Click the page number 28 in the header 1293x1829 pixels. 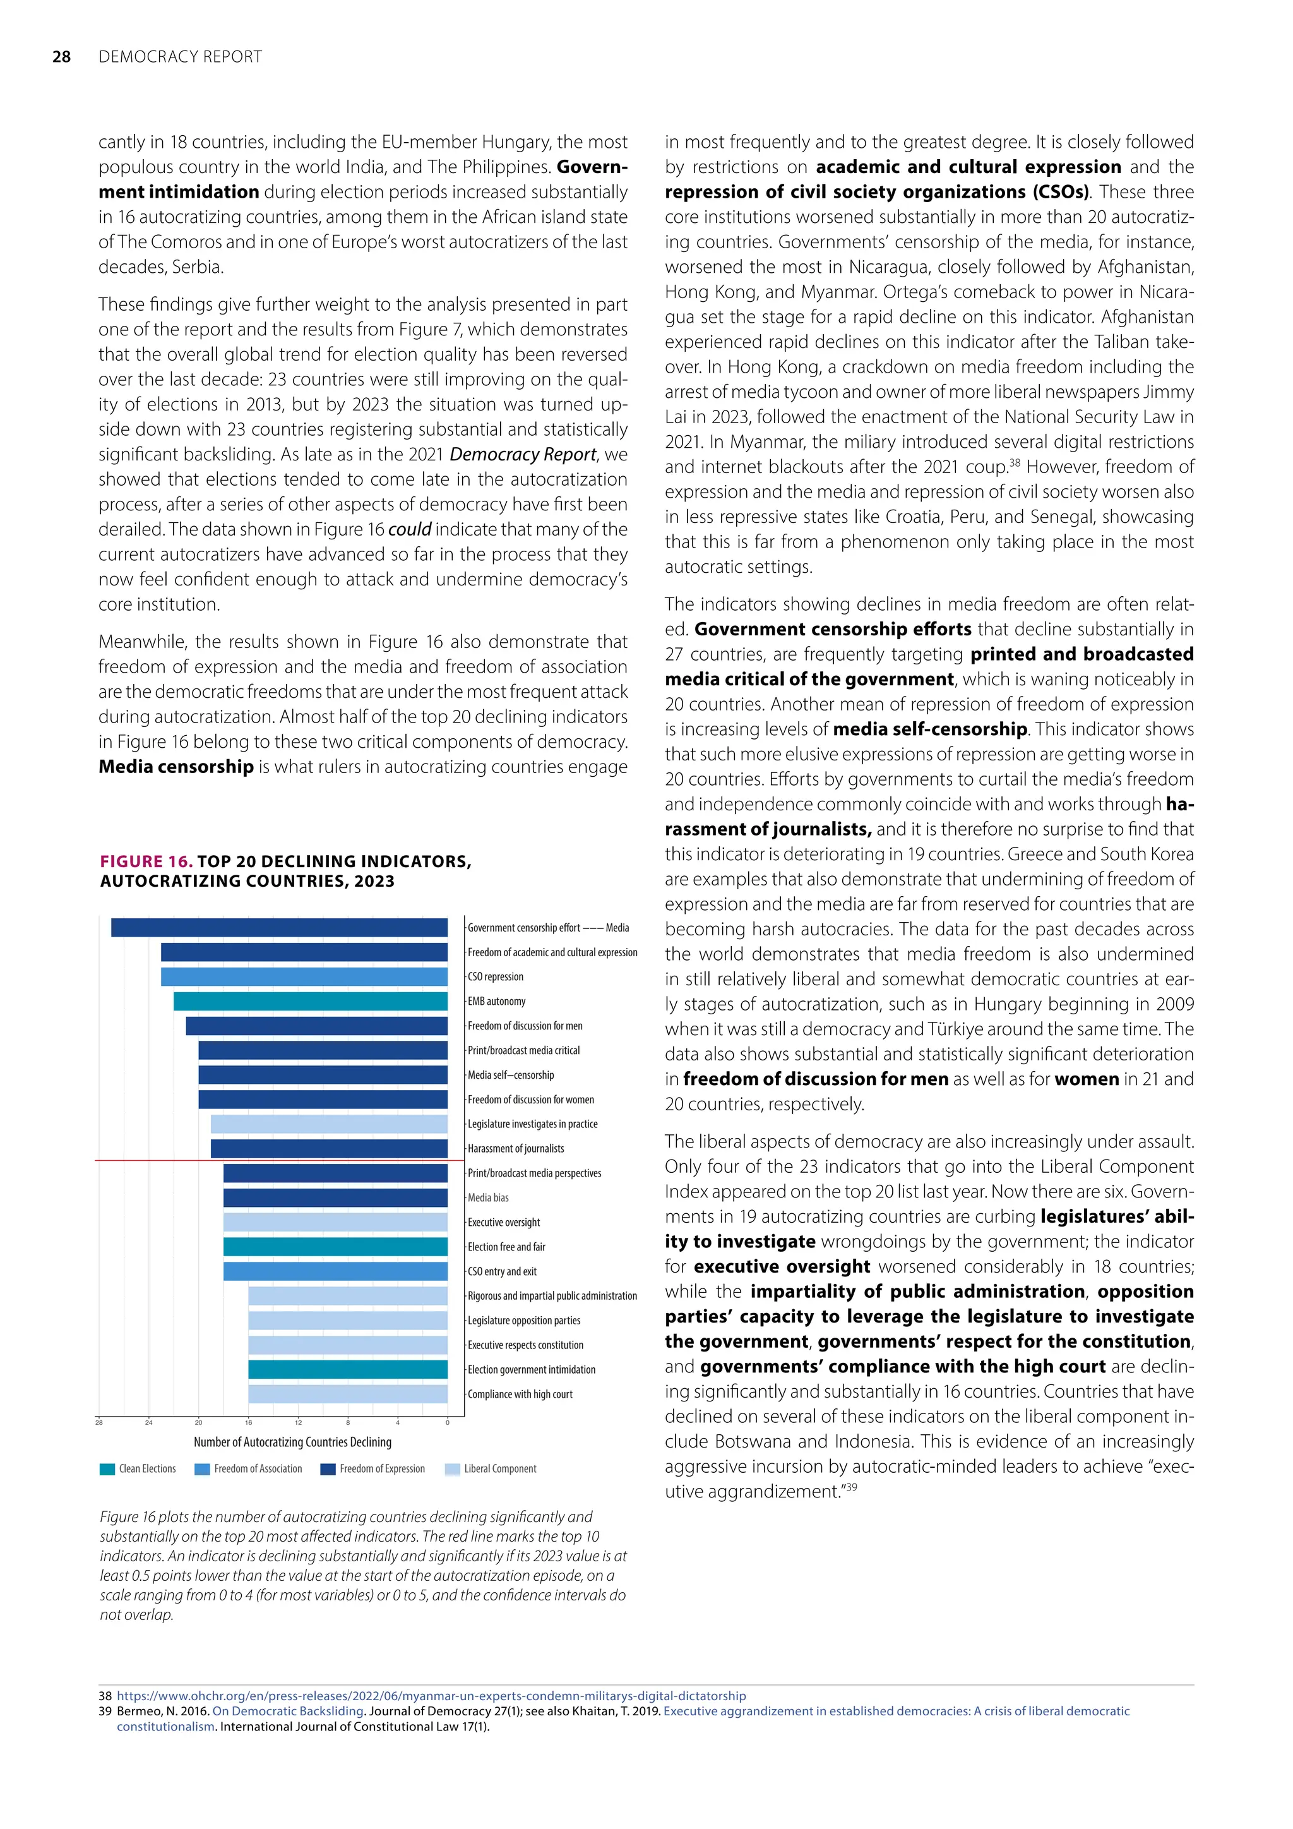point(61,57)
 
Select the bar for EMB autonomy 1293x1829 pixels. point(311,1001)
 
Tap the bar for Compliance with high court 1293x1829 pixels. point(348,1394)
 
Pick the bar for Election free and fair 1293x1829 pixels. point(335,1247)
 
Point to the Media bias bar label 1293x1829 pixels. point(488,1197)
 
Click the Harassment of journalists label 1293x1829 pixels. point(515,1149)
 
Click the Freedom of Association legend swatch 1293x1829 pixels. point(202,1469)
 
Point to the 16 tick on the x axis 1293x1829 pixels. point(248,1423)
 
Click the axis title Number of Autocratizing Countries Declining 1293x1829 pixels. point(292,1442)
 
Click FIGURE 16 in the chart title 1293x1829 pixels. point(146,861)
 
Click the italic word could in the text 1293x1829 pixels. point(409,529)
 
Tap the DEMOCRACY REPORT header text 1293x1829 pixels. point(180,57)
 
